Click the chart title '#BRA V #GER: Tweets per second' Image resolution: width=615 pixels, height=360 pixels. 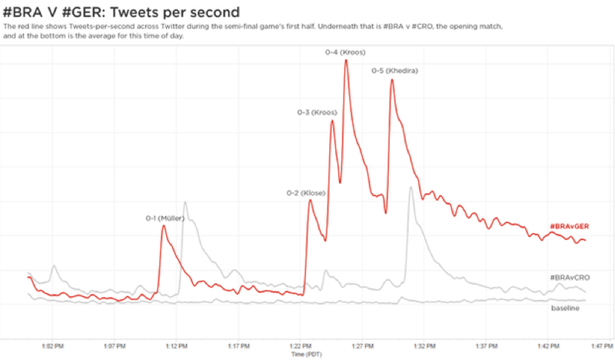pos(121,12)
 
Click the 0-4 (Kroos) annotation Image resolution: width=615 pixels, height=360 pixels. pos(345,52)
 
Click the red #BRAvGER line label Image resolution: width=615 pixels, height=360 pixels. pos(569,226)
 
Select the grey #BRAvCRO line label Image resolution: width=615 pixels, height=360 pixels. pos(570,277)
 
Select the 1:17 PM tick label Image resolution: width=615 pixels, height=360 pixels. pos(239,346)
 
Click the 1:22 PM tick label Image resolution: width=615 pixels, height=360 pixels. pos(301,346)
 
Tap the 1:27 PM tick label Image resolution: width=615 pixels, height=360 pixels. pos(363,346)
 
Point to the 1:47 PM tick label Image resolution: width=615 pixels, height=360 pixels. pos(602,346)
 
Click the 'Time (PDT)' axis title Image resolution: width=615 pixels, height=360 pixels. pos(307,355)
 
